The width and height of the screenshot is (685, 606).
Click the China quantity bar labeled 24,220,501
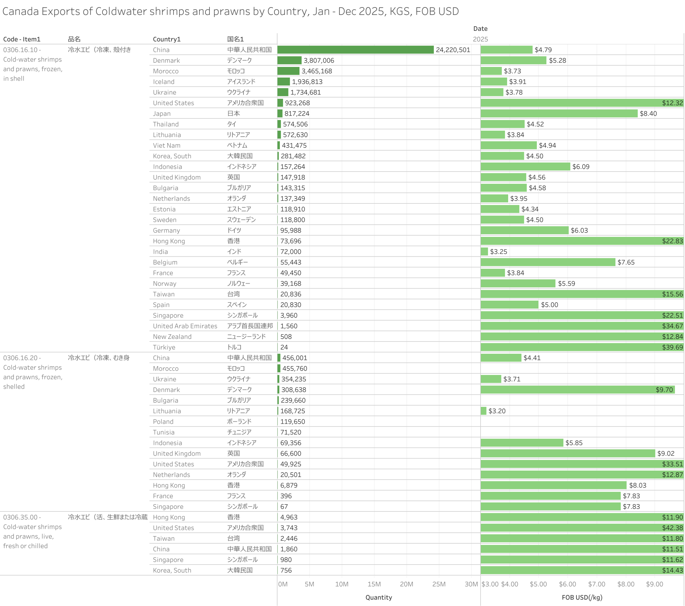(x=355, y=50)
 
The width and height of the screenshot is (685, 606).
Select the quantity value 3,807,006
(x=319, y=60)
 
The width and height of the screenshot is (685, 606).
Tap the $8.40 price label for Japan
(x=648, y=113)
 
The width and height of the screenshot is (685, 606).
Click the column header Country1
(x=166, y=39)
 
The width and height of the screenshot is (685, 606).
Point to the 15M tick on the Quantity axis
(x=374, y=584)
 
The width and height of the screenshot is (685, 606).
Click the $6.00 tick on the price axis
(x=567, y=584)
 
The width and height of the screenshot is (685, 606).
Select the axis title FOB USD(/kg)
(x=582, y=597)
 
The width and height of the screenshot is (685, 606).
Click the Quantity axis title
(x=378, y=597)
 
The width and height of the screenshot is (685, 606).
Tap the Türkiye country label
(x=164, y=347)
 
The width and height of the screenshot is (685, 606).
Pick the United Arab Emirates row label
(x=185, y=326)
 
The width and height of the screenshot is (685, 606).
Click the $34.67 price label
(x=672, y=326)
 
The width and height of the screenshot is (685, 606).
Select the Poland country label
(x=163, y=422)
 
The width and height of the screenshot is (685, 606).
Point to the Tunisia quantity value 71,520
(x=291, y=432)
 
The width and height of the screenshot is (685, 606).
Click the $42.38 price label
(x=672, y=528)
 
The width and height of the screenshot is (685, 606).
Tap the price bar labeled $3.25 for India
(x=484, y=252)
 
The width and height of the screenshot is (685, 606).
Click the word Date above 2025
(x=480, y=29)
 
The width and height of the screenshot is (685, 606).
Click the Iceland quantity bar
(x=284, y=82)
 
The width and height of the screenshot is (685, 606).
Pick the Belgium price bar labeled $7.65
(x=547, y=262)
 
